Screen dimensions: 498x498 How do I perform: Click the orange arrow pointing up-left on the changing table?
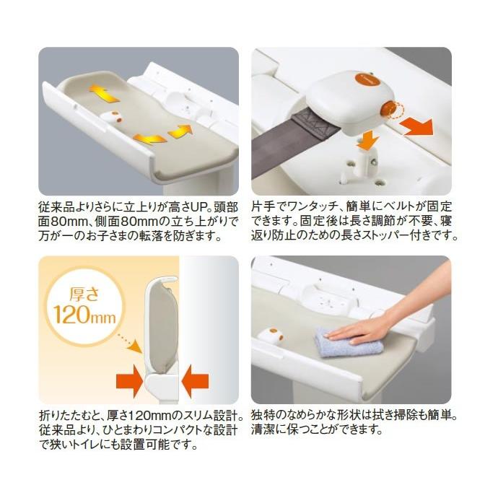100,91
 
